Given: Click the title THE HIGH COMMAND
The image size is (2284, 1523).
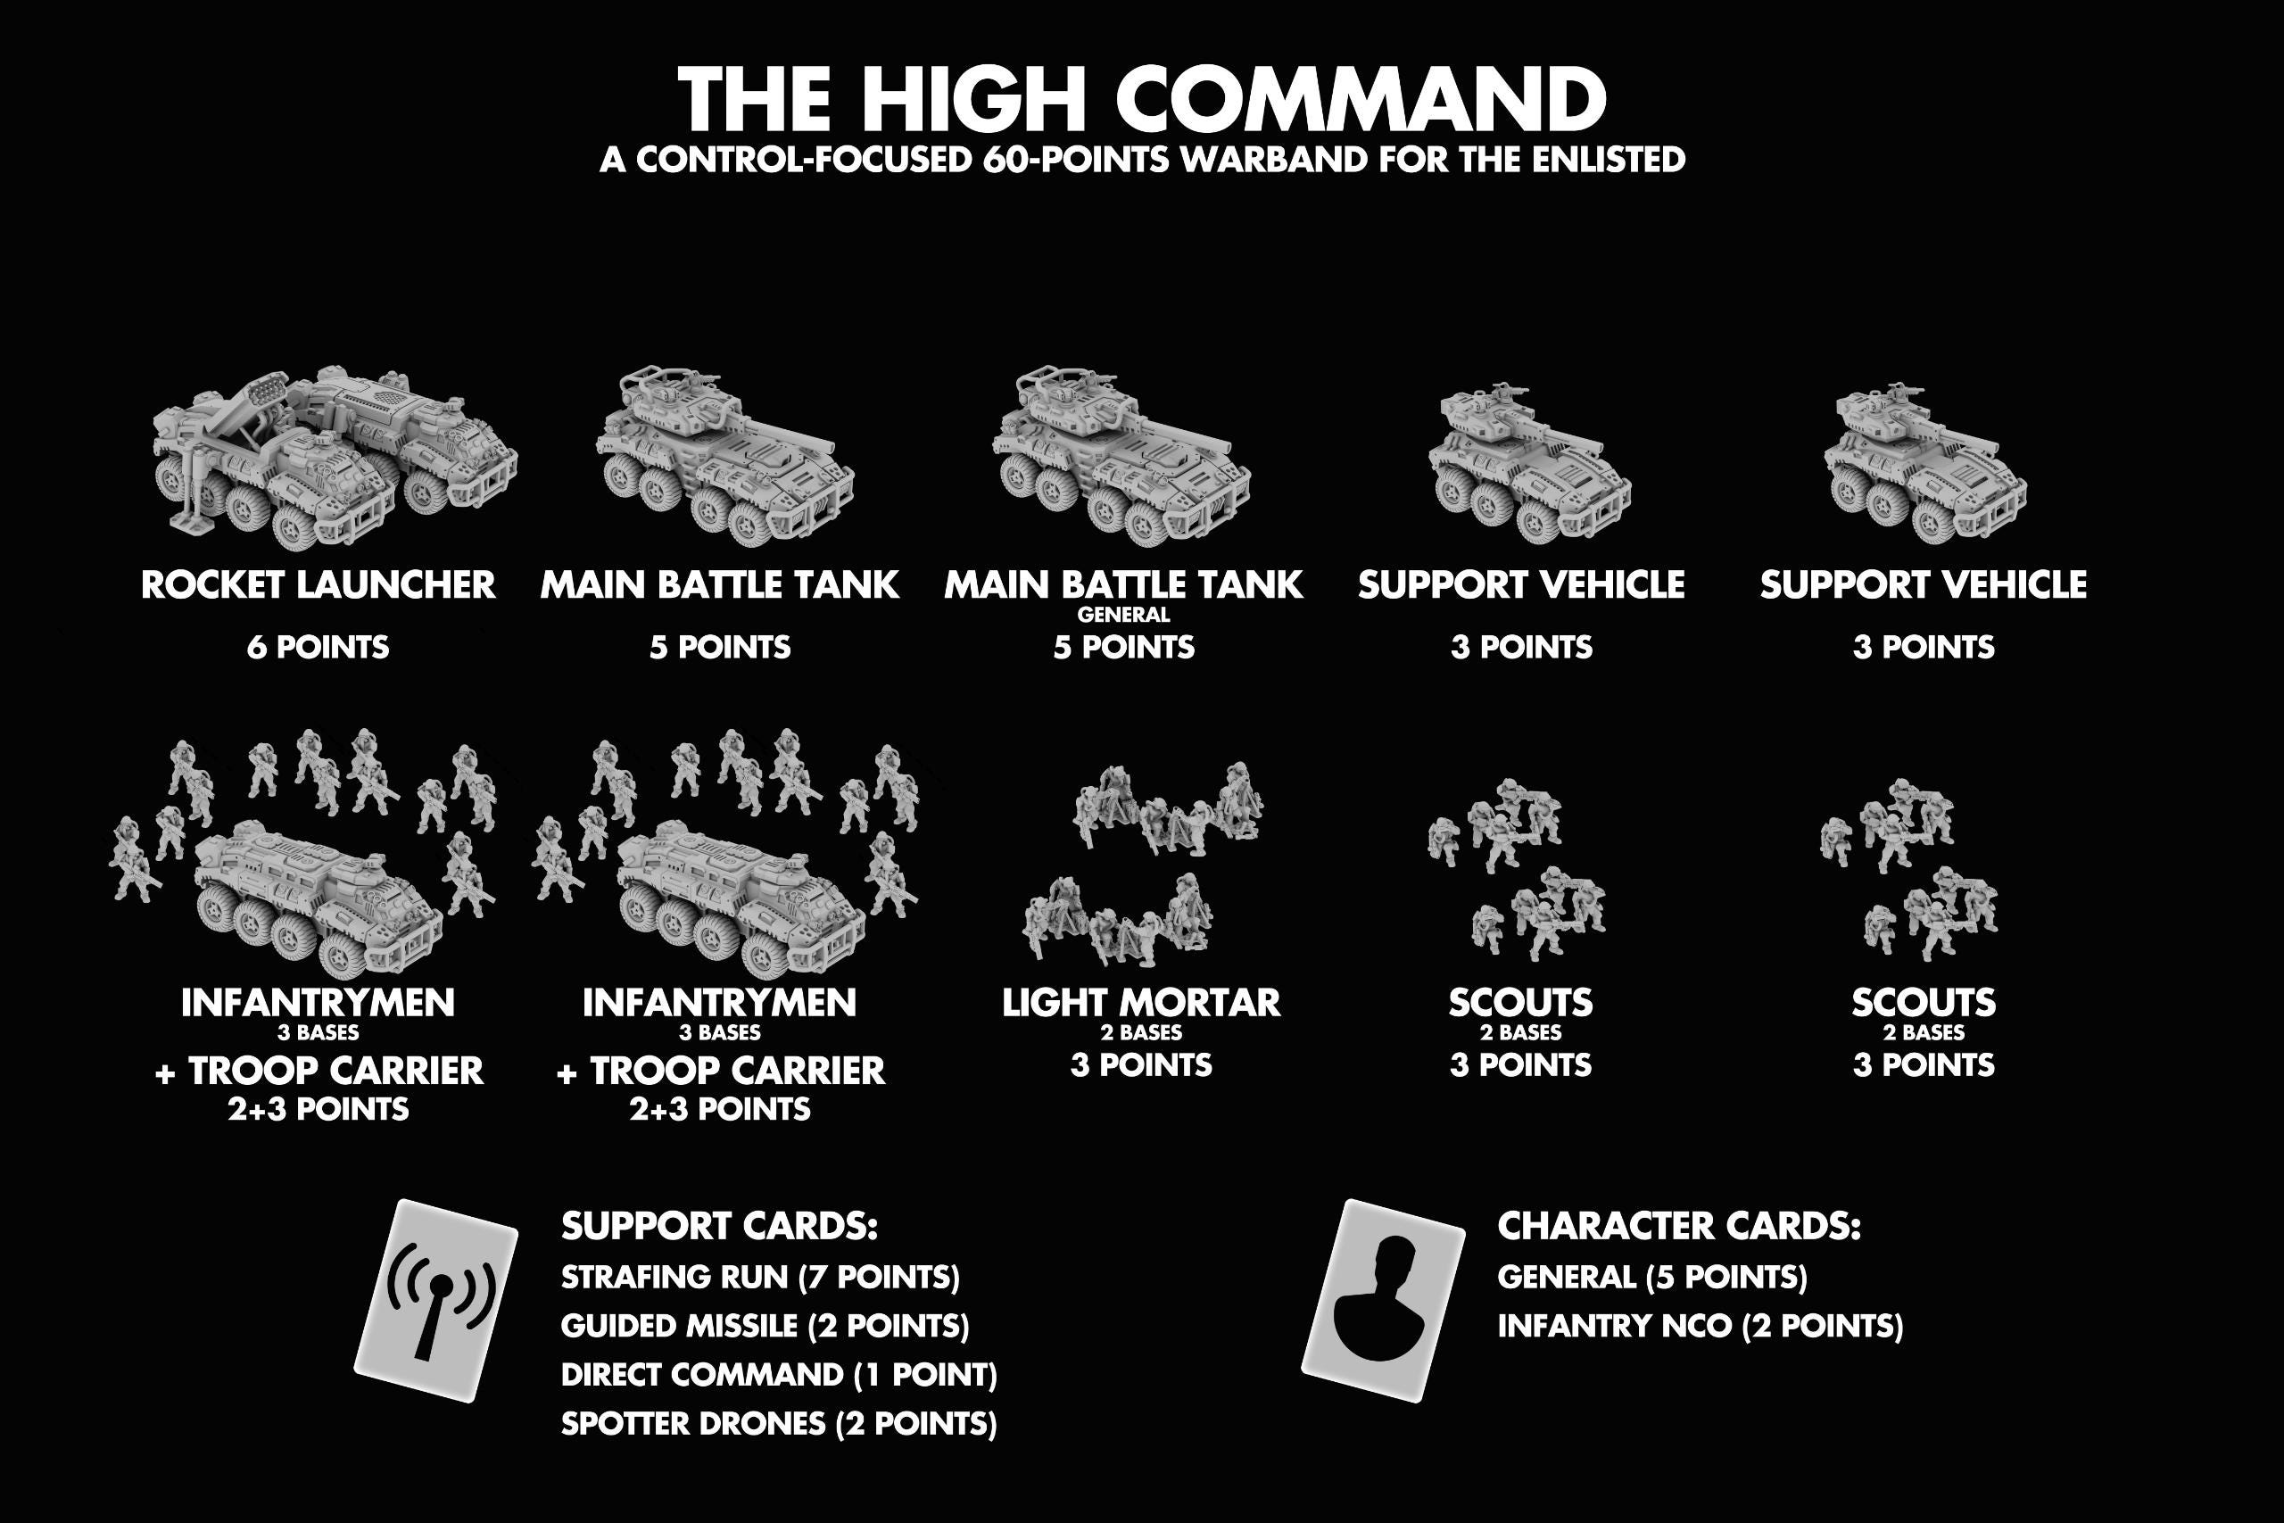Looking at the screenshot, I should (x=1142, y=98).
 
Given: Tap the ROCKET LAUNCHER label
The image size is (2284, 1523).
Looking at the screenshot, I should (x=319, y=584).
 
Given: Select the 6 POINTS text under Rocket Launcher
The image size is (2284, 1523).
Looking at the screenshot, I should (x=319, y=647).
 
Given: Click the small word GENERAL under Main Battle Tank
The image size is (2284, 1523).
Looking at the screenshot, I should (x=1123, y=615).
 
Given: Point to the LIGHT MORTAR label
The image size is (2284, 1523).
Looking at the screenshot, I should (x=1141, y=1002).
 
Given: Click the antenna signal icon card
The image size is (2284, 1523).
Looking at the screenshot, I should (x=436, y=1300).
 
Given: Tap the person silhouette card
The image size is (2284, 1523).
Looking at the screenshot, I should (x=1383, y=1300).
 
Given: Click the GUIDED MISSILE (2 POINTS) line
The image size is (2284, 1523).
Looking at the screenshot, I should (x=765, y=1326).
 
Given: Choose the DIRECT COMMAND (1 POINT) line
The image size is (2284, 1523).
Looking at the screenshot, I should (x=779, y=1374).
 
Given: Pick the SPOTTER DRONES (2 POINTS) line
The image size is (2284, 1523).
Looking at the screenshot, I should (x=779, y=1424).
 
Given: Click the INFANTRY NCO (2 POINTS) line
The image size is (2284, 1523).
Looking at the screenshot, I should (x=1701, y=1326).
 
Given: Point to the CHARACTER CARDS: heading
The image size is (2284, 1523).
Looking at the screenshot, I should (x=1679, y=1226).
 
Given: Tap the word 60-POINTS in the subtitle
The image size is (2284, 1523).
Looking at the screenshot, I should (x=1076, y=160).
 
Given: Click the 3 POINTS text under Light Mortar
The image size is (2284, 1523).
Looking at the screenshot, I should (x=1141, y=1065).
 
